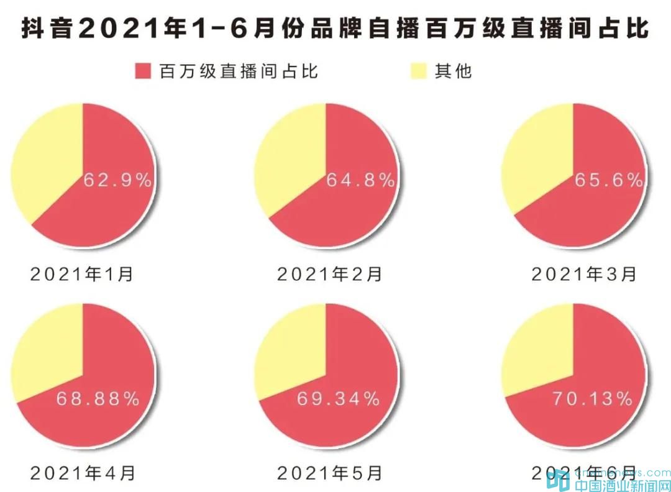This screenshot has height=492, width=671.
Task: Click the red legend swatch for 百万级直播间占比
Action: click(x=143, y=71)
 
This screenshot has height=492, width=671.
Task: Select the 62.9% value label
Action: click(x=117, y=181)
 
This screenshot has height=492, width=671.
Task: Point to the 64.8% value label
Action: click(x=360, y=181)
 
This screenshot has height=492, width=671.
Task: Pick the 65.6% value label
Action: click(x=608, y=181)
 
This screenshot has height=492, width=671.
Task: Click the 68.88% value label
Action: click(x=98, y=399)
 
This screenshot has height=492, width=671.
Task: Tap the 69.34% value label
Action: click(x=338, y=399)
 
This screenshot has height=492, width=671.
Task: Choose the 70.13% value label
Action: click(x=592, y=399)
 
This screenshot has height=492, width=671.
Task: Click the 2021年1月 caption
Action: click(x=82, y=274)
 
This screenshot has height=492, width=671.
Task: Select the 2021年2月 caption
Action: click(x=329, y=274)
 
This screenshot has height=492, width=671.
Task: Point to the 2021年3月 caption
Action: click(x=584, y=274)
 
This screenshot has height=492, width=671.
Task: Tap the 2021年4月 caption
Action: click(x=82, y=473)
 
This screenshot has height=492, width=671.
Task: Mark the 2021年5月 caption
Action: click(x=329, y=473)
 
